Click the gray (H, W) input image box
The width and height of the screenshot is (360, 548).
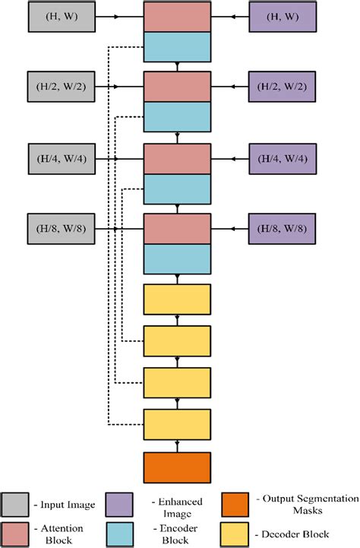pos(58,16)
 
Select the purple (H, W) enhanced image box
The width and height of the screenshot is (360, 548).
pos(282,16)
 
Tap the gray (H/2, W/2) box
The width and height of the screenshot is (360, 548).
pos(58,87)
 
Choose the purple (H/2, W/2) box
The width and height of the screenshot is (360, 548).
pos(282,87)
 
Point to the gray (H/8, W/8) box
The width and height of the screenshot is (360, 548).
pos(58,229)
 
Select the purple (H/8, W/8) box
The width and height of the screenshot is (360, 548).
pos(282,229)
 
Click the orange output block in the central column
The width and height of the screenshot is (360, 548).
pos(177,467)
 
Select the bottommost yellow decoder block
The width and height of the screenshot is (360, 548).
pos(177,424)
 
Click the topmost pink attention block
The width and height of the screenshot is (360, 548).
pos(177,17)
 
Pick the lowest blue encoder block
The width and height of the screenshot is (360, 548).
pos(177,258)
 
